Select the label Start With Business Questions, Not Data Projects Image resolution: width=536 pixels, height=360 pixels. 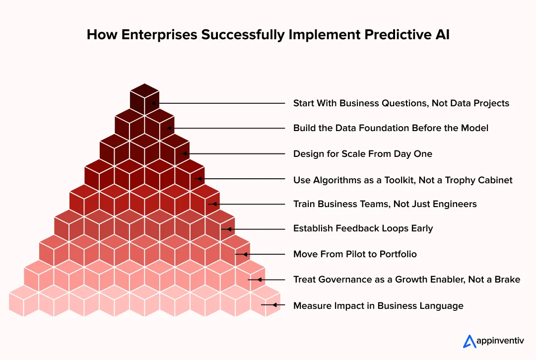coord(401,103)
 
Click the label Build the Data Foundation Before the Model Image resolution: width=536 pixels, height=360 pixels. coord(391,128)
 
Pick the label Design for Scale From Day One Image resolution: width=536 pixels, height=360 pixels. coord(362,154)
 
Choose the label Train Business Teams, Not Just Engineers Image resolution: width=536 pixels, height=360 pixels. coord(385,204)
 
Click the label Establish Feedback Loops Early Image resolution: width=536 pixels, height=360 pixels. coord(363,228)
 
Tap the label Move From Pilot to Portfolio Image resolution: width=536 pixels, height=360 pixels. coord(355,254)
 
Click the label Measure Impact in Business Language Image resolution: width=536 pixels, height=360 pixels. coord(378,306)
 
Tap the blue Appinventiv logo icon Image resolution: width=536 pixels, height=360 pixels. coord(469,341)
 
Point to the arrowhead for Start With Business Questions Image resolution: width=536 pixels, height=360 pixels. coord(155,103)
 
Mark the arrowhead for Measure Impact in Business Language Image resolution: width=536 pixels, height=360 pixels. coord(264,305)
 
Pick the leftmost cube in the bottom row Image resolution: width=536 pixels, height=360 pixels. coord(24,301)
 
